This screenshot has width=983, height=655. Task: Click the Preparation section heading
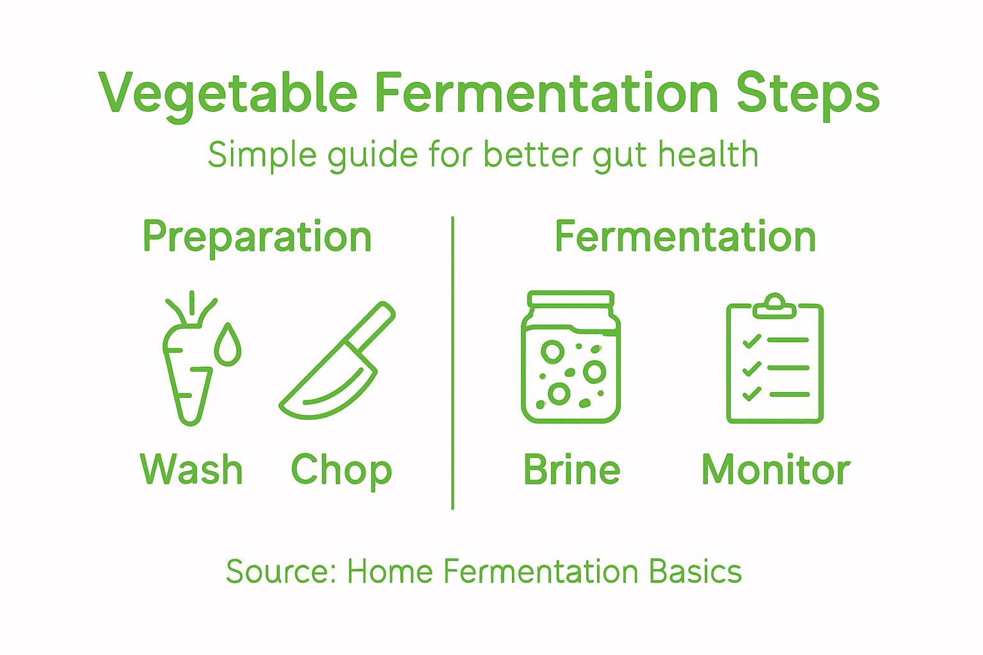(x=257, y=237)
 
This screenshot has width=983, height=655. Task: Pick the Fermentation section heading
(x=685, y=237)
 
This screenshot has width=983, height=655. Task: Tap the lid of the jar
(x=570, y=299)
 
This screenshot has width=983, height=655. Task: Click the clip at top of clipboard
(x=775, y=306)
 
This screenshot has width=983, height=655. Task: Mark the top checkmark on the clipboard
(x=752, y=341)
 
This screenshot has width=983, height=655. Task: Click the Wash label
(x=191, y=470)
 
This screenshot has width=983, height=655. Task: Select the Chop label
(x=341, y=471)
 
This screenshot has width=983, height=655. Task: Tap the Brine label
(x=571, y=470)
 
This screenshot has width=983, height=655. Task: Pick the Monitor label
(x=776, y=470)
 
